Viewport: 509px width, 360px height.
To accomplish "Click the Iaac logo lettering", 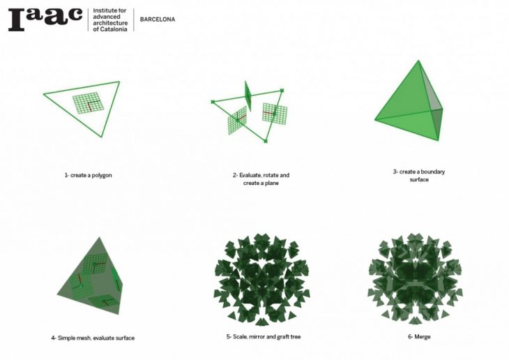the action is coord(45,19).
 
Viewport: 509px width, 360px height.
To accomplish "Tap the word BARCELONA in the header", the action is coord(158,20).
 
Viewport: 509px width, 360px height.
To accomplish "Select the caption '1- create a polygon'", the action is coord(88,175).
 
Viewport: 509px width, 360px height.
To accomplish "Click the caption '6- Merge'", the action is coord(419,336).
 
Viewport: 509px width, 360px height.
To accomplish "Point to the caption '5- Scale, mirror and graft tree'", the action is coord(264,336).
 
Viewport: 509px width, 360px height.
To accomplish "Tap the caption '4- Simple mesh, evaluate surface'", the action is coord(93,338).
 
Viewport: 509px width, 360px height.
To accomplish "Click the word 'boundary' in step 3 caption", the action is coord(433,172).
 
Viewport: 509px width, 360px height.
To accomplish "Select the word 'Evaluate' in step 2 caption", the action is coord(250,175).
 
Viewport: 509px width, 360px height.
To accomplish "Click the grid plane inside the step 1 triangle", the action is coord(89,103).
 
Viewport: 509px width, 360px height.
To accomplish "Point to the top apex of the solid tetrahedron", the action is coord(418,61).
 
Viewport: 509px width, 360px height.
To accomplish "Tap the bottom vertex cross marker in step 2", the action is coord(266,141).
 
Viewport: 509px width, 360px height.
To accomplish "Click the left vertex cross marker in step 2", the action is coord(213,102).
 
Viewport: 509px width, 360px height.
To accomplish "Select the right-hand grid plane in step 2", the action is coord(275,114).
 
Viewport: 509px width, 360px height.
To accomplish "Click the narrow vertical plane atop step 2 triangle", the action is coord(248,96).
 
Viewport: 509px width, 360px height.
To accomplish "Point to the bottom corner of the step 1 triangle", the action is coord(101,137).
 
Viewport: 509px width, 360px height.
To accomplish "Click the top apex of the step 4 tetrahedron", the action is coord(99,237).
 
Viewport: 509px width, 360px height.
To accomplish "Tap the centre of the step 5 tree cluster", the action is coord(261,280).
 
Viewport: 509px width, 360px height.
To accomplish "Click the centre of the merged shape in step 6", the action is coord(415,279).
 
